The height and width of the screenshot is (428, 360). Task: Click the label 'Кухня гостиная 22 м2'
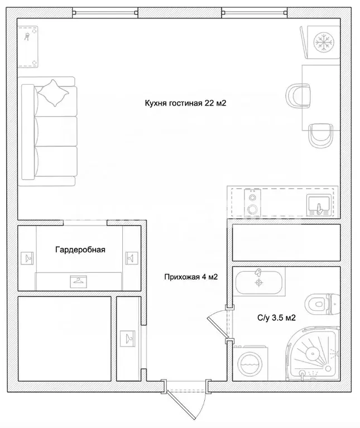[185, 103]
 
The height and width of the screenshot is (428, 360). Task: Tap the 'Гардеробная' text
[80, 250]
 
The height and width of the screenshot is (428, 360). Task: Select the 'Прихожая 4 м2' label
[191, 277]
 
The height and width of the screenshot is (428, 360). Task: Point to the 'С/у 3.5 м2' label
[276, 318]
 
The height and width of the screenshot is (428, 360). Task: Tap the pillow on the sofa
[54, 93]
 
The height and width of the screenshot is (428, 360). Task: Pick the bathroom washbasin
[259, 282]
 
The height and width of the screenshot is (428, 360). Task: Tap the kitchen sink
[319, 205]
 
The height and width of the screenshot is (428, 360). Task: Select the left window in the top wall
[105, 13]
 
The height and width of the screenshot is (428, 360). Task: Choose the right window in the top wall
[255, 13]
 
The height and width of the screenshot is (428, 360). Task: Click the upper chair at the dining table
[298, 96]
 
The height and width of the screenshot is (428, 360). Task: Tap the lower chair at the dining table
[321, 136]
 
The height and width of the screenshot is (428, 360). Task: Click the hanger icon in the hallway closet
[128, 339]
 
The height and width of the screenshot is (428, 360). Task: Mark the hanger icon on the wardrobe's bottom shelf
[79, 281]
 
